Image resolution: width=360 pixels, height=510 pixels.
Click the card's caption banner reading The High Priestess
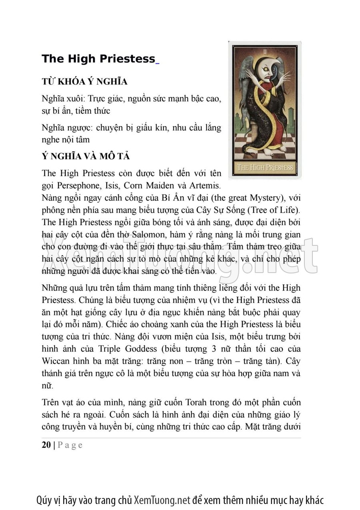(x=265, y=167)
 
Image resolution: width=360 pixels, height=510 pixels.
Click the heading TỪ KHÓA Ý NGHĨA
(x=84, y=82)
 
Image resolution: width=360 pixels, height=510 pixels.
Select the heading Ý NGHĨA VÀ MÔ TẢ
(x=85, y=157)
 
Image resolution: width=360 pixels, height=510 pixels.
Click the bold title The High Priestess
(x=98, y=59)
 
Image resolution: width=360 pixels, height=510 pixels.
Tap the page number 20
(x=46, y=445)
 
